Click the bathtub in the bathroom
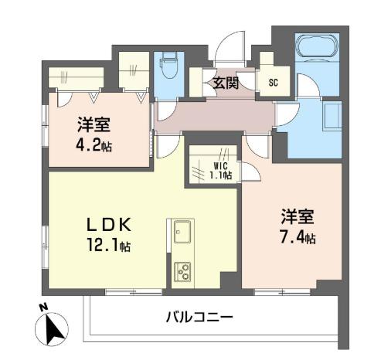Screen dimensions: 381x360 [317, 46]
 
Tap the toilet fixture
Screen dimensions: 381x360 [168, 65]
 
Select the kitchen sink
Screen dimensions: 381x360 [182, 232]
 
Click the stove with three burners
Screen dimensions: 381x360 [182, 272]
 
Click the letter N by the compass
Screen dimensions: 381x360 [43, 307]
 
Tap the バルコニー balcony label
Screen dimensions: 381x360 [199, 317]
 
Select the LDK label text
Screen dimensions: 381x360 [109, 224]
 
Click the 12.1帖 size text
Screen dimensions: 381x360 [109, 245]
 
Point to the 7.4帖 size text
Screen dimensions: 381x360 [298, 237]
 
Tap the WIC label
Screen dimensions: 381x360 [220, 166]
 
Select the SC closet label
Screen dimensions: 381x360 [274, 83]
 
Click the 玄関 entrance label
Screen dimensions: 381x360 [226, 83]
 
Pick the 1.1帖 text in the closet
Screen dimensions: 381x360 [220, 175]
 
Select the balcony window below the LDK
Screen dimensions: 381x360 [134, 292]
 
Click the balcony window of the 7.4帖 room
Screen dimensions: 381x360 [282, 292]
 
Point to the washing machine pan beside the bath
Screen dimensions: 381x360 [332, 116]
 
